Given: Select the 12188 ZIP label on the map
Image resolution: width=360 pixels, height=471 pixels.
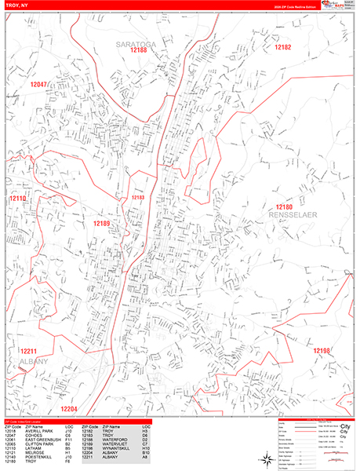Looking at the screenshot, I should (x=139, y=50).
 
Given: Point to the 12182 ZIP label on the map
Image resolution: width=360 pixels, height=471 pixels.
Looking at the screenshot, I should (x=282, y=48).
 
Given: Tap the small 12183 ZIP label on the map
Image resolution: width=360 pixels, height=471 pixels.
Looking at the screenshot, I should (x=138, y=198).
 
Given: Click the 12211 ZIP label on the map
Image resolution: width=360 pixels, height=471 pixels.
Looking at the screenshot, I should (x=29, y=351).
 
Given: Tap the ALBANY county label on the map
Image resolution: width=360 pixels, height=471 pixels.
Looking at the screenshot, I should (x=30, y=361).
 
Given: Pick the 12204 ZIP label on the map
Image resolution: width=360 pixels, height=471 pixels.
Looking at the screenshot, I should (x=70, y=409).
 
